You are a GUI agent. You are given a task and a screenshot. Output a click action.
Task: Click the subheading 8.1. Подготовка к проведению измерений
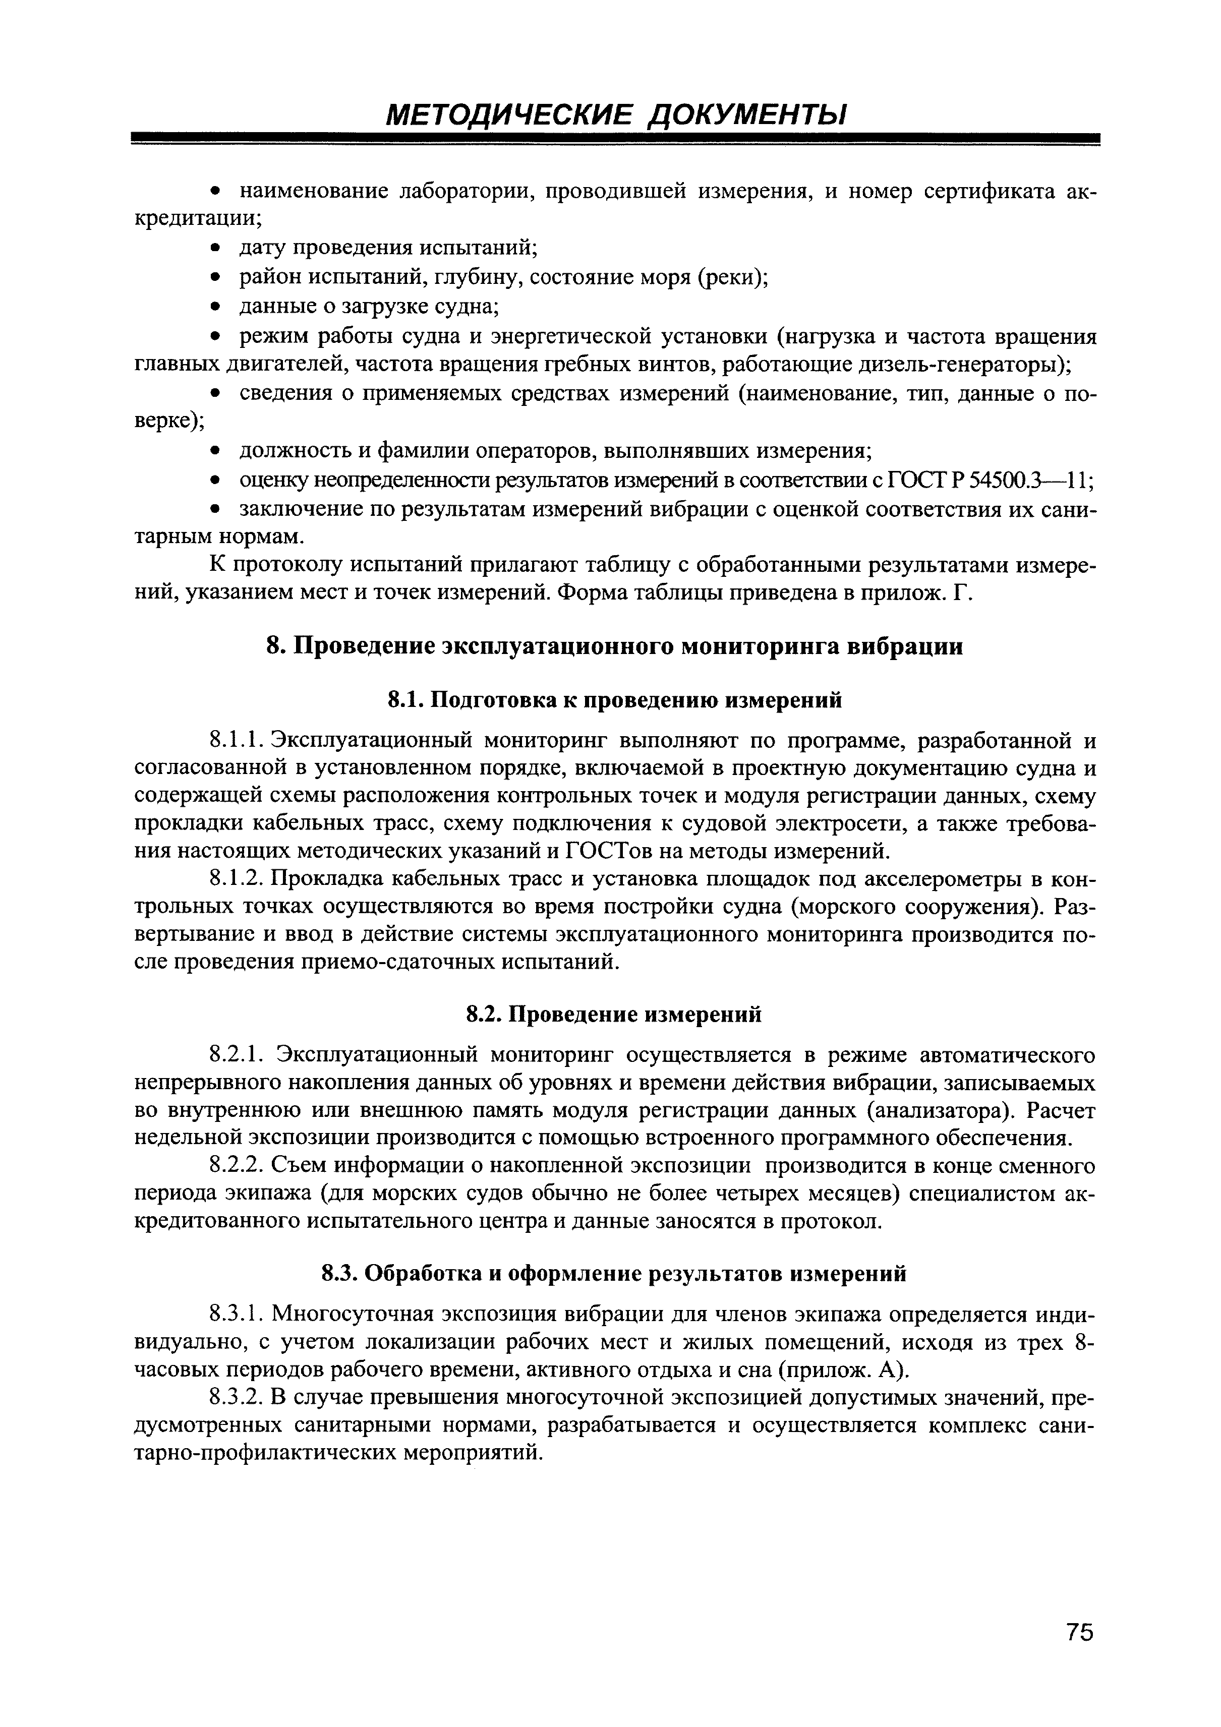[x=615, y=700]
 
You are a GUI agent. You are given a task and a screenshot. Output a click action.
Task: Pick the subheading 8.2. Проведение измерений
[x=615, y=1015]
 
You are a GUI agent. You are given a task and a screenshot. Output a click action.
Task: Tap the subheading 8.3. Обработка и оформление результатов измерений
[x=615, y=1273]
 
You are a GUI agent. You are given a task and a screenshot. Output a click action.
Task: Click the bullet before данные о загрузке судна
[x=216, y=308]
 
